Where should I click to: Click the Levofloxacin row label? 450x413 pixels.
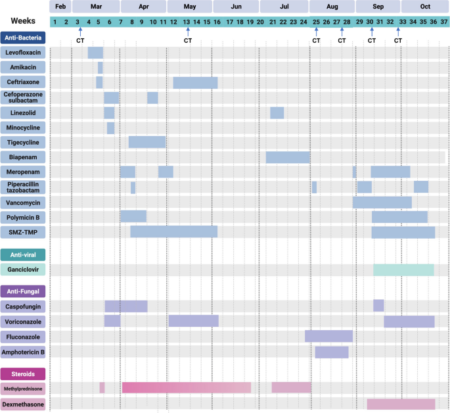(x=23, y=52)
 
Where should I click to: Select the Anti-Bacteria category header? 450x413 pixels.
(x=23, y=37)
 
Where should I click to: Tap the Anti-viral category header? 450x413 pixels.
(x=23, y=255)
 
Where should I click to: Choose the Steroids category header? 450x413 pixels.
(x=23, y=374)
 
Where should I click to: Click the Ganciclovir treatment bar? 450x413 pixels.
(x=403, y=270)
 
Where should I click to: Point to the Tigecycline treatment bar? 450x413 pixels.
(x=146, y=142)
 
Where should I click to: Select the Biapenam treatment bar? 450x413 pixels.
(x=288, y=157)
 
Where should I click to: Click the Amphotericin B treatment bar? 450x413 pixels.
(x=332, y=352)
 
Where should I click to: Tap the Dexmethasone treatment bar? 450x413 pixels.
(x=401, y=404)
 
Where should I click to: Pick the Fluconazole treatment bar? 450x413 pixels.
(x=328, y=336)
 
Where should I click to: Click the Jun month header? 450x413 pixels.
(x=236, y=7)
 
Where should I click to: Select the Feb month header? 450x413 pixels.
(x=60, y=7)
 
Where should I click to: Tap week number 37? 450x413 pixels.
(x=444, y=22)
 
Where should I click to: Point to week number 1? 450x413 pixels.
(x=55, y=22)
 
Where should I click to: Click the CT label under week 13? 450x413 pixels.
(x=188, y=41)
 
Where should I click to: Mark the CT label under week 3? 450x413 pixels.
(x=80, y=41)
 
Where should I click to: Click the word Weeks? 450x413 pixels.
(x=22, y=21)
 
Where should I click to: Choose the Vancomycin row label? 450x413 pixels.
(x=23, y=202)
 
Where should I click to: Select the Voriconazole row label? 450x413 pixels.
(x=23, y=322)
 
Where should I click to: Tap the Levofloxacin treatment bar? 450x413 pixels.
(x=95, y=53)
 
